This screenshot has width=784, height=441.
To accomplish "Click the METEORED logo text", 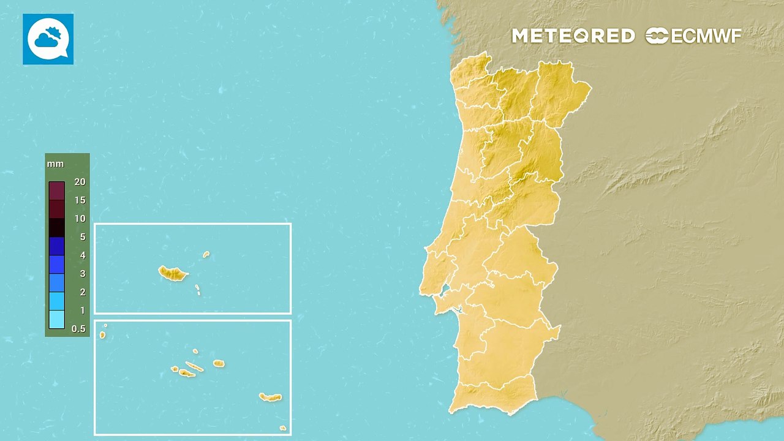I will [x=573, y=36].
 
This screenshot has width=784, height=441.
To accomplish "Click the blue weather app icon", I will [x=48, y=39].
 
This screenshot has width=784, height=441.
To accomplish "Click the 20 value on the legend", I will [x=80, y=182].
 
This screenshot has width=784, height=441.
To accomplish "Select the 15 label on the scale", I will [x=80, y=200].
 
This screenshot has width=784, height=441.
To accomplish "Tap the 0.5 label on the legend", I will [x=78, y=329].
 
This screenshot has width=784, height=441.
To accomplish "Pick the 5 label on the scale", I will [x=82, y=237].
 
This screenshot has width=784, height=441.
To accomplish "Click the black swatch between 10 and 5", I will [x=56, y=228].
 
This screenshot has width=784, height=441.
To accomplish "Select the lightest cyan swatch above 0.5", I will [x=56, y=319].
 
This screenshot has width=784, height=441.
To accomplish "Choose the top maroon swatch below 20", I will [x=56, y=191].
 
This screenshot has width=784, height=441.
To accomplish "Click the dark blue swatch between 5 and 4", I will [x=56, y=246].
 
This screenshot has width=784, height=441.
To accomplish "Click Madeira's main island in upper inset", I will [x=172, y=273].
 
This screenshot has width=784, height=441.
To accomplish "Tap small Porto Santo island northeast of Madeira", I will [x=206, y=254].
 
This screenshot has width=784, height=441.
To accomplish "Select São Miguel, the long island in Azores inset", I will [x=269, y=398].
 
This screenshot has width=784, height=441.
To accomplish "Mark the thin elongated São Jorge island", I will [x=194, y=367].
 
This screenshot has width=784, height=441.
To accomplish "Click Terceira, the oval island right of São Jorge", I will [x=219, y=363].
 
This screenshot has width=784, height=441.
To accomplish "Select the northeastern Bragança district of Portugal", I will [x=560, y=92].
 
